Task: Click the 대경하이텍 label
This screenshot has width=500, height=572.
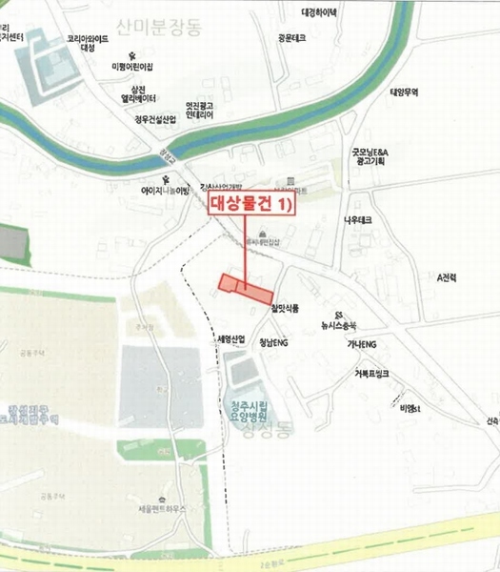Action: [x=319, y=13]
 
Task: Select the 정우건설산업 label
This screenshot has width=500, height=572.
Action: [x=156, y=120]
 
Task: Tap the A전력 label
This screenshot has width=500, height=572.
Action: [x=447, y=277]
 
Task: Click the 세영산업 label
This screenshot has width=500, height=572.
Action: [x=231, y=339]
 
